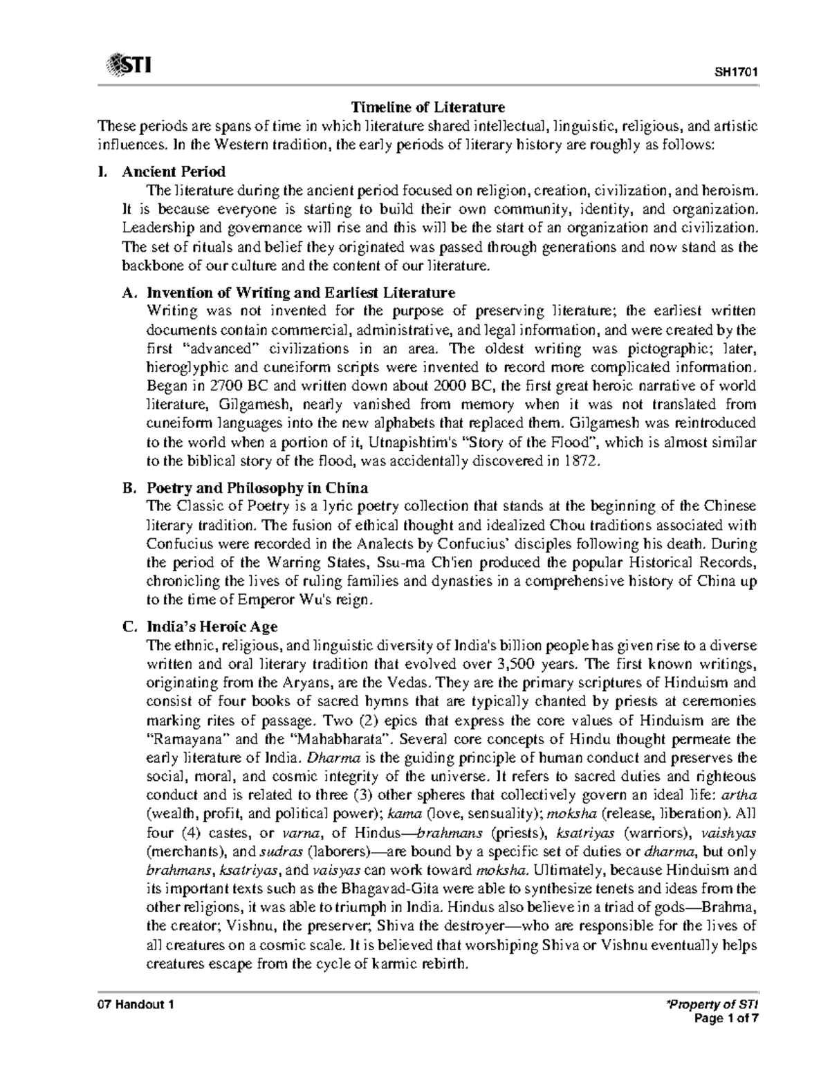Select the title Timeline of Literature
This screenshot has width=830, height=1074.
point(428,107)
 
